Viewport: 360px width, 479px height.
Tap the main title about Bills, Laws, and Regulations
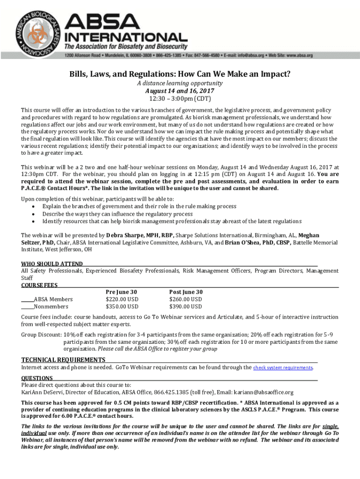(x=180, y=74)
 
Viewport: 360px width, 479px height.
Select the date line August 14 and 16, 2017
(x=180, y=91)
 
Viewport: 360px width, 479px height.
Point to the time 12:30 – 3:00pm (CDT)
(x=180, y=99)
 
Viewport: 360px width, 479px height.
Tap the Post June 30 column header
(x=186, y=292)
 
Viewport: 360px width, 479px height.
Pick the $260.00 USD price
(x=186, y=299)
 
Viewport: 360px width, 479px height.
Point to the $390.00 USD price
(x=186, y=307)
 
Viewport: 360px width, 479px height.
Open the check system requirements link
(x=283, y=368)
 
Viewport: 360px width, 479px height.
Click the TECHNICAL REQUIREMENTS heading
(x=63, y=360)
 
